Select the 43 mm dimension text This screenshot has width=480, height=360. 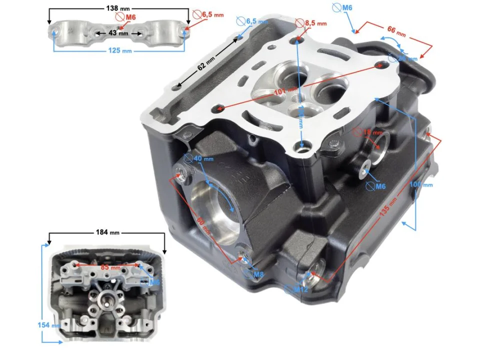pos(118,33)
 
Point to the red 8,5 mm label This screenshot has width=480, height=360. pos(315,23)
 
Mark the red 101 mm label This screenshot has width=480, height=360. pos(285,91)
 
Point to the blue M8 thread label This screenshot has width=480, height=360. pos(258,274)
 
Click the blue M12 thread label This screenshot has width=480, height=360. pos(300,289)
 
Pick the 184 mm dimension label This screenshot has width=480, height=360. pos(107,232)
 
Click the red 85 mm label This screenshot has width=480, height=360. pos(106,266)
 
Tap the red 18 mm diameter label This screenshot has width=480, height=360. pos(372,132)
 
